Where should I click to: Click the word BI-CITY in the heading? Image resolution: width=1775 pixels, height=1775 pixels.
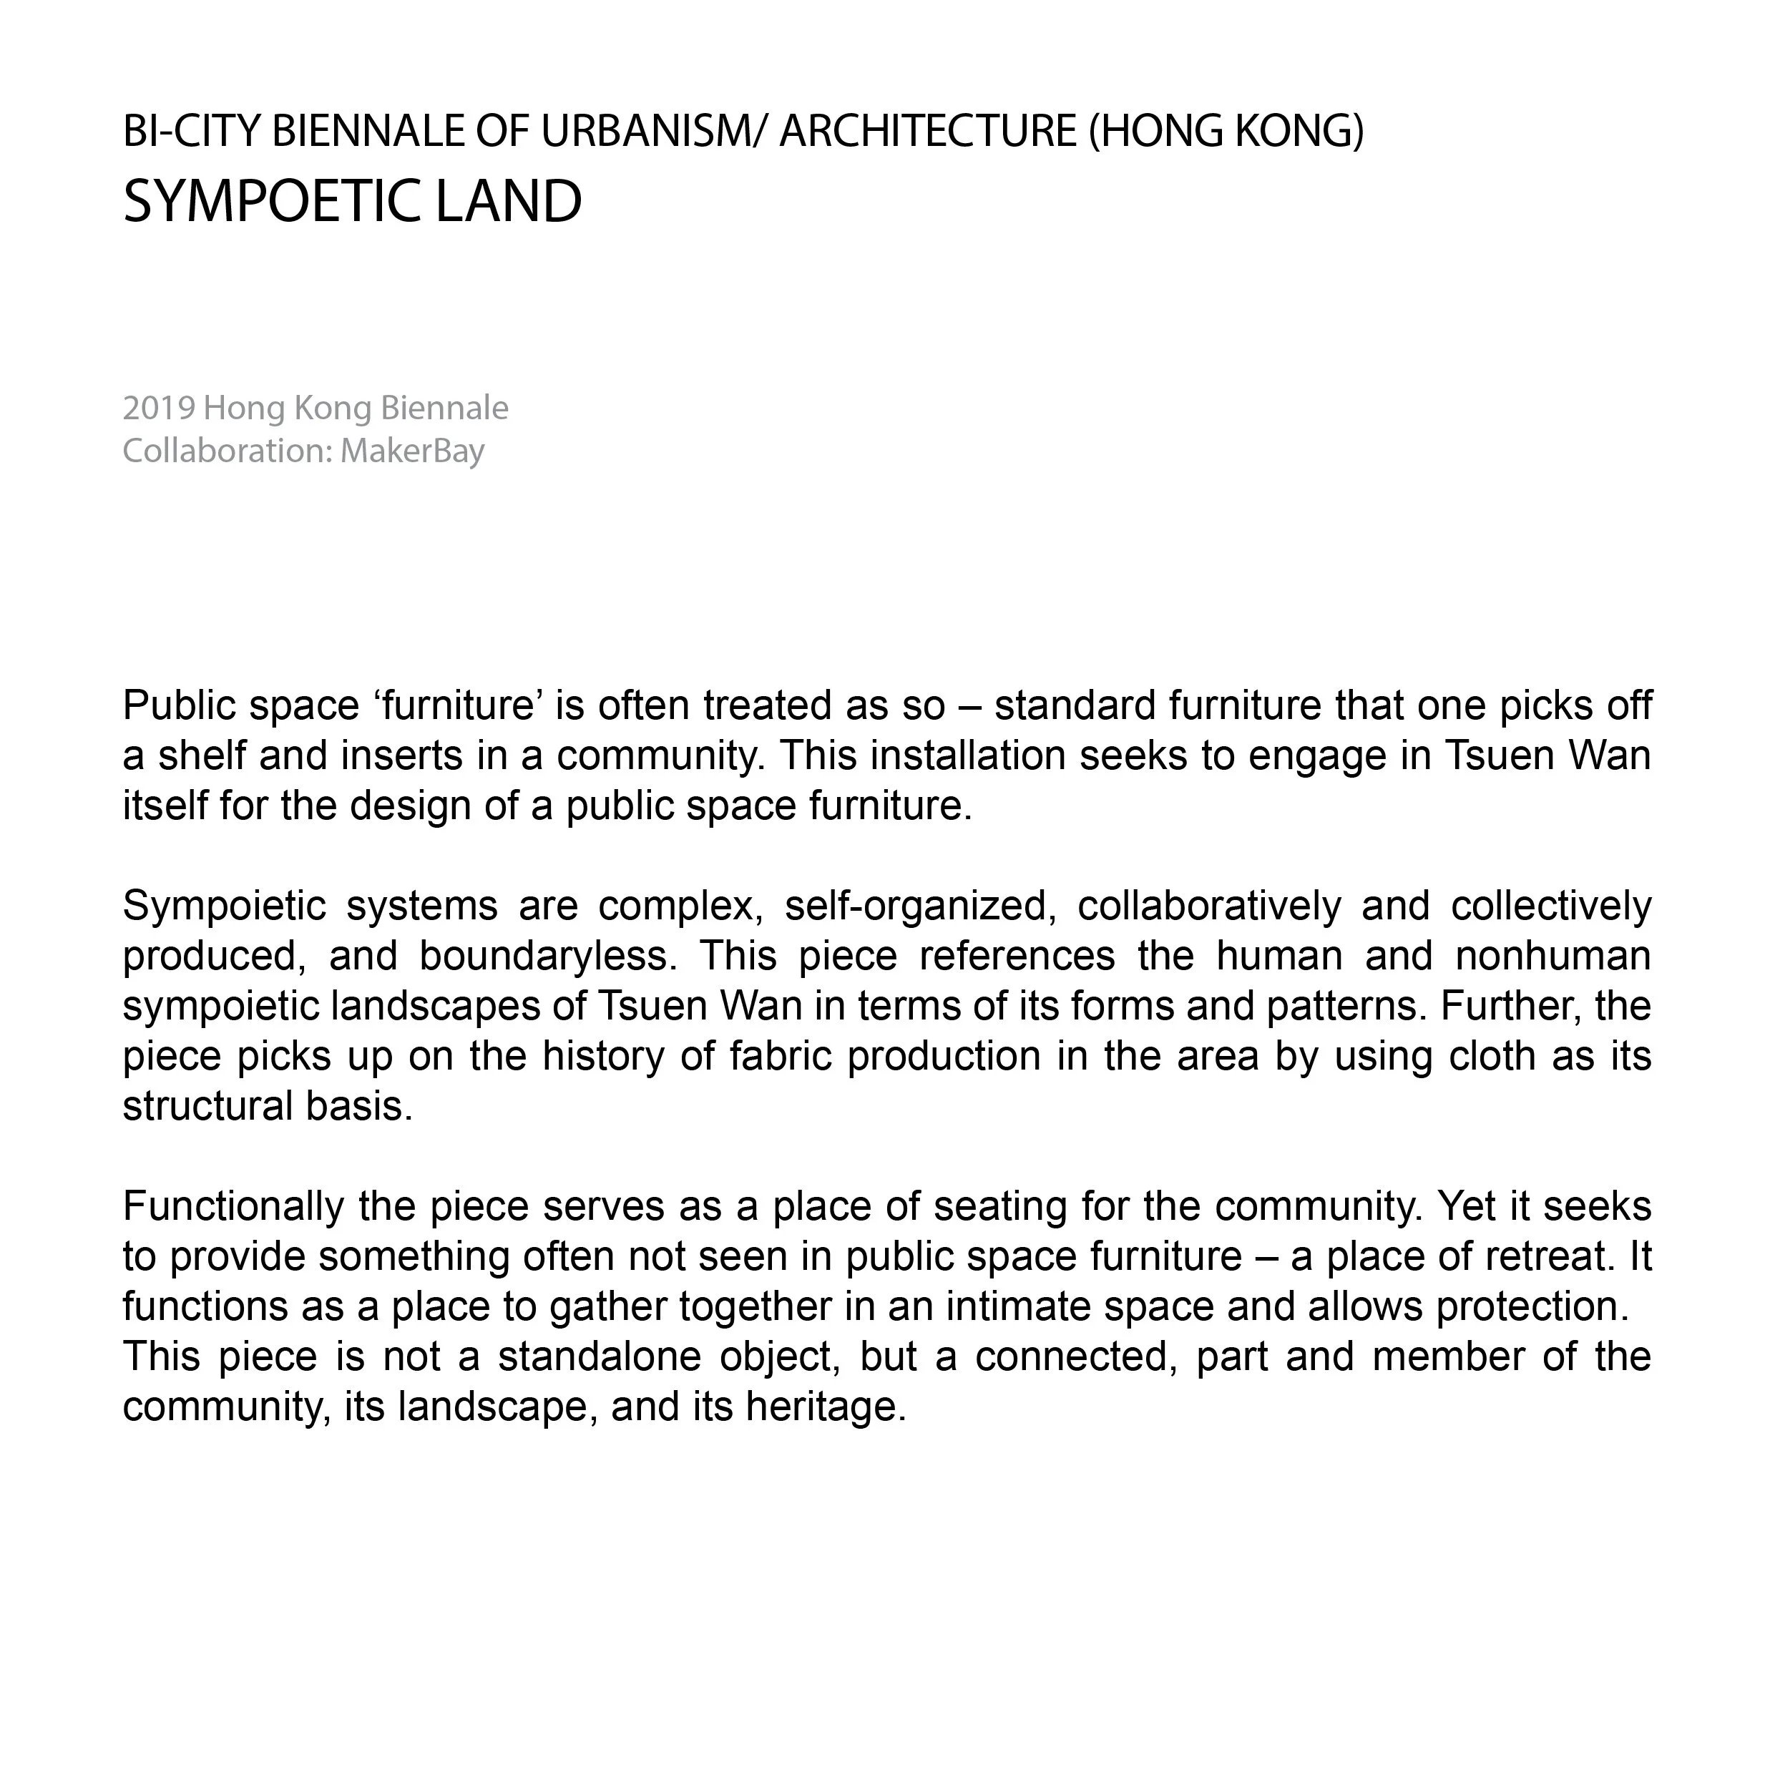[x=192, y=132]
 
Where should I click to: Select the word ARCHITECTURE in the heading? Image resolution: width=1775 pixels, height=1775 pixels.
[x=928, y=132]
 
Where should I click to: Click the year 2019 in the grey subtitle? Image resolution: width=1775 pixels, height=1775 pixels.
[x=158, y=408]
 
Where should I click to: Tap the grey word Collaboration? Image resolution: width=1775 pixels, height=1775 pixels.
[x=227, y=451]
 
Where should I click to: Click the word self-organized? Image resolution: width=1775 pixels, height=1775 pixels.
[x=915, y=906]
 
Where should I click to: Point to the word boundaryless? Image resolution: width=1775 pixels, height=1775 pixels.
[x=547, y=956]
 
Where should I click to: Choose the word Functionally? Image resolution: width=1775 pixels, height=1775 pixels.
[x=234, y=1206]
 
